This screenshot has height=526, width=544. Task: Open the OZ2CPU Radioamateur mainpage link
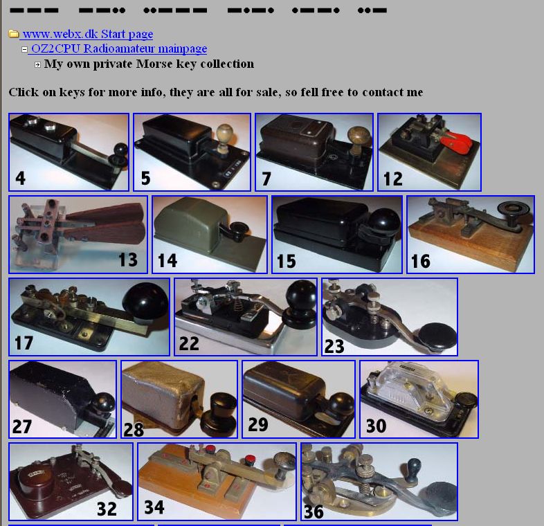pos(119,48)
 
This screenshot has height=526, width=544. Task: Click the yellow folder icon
pos(14,34)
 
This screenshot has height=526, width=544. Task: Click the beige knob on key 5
pos(224,134)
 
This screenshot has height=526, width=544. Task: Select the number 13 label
pos(127,260)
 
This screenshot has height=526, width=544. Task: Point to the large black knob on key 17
pos(145,300)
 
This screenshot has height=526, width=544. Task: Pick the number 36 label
pos(314,511)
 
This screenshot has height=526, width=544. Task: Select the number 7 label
pos(266,179)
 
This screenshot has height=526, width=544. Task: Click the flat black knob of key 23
pos(437,336)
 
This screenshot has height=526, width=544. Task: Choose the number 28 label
pos(134,430)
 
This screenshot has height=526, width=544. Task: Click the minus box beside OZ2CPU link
pos(25,49)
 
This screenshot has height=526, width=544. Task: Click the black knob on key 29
pos(341,405)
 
